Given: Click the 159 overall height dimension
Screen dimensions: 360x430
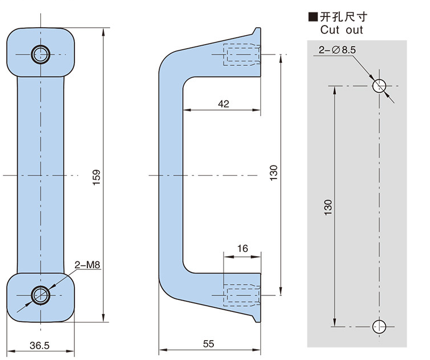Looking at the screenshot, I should point(96,177).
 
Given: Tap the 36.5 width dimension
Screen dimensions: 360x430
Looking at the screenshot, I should point(39,344).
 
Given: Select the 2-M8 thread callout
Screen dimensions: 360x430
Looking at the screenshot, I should point(87,264).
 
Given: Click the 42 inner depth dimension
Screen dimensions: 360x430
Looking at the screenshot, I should point(223,103).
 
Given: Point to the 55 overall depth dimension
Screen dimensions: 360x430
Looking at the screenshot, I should point(208,344).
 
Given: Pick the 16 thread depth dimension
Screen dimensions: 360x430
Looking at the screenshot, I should point(242,248).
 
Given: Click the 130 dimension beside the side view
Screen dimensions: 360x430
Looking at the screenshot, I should point(273,173).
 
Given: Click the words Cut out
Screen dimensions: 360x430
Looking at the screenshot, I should point(342,29).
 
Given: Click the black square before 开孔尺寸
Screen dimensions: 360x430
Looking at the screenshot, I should point(311,17).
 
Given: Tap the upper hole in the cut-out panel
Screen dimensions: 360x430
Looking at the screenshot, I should point(379,86).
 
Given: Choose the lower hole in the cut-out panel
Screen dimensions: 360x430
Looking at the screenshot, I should point(379,326).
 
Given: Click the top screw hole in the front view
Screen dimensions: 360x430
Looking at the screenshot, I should point(40,54).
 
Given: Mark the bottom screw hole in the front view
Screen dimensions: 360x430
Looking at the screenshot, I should point(40,295).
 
